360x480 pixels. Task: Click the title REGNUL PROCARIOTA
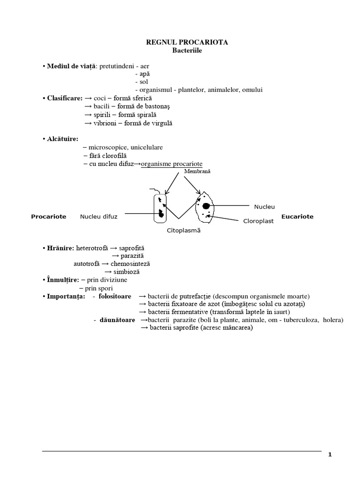187,42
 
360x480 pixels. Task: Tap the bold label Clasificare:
65,98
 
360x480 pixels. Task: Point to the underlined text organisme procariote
172,164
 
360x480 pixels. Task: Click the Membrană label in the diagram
198,171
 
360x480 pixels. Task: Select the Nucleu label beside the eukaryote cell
264,207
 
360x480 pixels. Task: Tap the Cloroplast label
258,221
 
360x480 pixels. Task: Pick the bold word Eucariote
297,217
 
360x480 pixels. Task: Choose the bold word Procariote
48,217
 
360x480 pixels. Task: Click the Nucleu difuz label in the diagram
98,217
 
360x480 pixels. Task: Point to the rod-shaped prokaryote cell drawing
159,208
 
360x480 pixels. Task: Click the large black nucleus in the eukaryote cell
206,206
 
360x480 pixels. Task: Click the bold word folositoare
115,296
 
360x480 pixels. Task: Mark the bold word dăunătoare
117,320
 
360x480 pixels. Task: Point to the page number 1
330,454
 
